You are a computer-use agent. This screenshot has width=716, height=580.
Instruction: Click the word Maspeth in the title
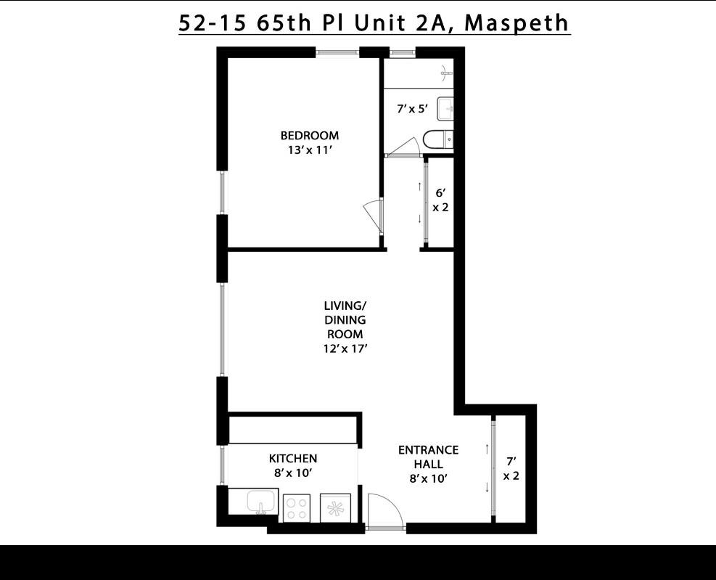[x=517, y=23]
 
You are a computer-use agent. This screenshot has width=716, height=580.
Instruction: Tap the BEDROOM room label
[x=309, y=136]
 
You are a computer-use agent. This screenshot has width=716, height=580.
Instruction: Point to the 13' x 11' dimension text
[x=309, y=150]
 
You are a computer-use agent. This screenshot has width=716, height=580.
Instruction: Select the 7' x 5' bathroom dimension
[x=412, y=110]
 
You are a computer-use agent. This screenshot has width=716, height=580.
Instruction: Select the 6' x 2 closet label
[x=440, y=200]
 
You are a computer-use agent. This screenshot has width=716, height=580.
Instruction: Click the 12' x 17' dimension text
[x=345, y=348]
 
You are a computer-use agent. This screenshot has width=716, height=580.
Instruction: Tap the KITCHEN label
[x=293, y=459]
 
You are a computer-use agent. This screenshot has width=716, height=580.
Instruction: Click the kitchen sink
[x=260, y=501]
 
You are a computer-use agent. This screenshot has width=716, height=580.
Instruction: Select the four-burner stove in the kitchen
[x=296, y=507]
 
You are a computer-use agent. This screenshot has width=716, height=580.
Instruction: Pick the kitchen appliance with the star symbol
[x=335, y=507]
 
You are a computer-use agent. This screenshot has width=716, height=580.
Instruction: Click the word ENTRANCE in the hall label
[x=428, y=450]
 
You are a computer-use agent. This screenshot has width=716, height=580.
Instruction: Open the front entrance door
[x=384, y=510]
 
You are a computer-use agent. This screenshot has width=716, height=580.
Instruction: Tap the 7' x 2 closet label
[x=511, y=468]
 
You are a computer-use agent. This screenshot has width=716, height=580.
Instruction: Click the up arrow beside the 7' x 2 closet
[x=487, y=449]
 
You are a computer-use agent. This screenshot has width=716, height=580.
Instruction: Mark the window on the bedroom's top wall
[x=337, y=52]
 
